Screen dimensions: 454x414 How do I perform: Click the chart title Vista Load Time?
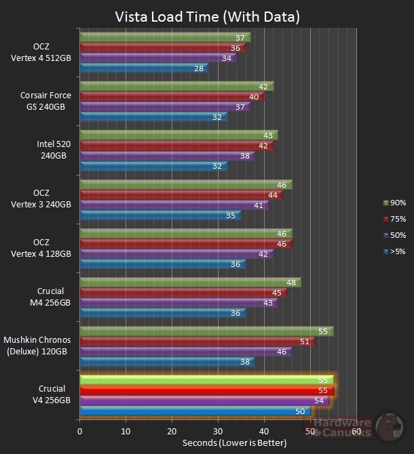[207, 16]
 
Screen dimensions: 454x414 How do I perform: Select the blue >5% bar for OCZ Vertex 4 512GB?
[144, 68]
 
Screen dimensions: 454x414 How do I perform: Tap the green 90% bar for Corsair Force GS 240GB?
[176, 87]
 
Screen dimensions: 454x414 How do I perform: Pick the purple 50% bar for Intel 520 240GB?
[167, 156]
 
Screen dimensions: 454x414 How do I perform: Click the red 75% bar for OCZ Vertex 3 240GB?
[181, 195]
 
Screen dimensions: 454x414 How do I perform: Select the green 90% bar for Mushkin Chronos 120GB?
[206, 331]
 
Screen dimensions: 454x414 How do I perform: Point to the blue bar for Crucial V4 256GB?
[195, 411]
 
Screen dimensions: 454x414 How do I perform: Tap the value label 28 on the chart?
[200, 68]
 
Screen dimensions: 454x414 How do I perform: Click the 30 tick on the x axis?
[218, 431]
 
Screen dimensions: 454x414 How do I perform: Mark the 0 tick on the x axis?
[80, 431]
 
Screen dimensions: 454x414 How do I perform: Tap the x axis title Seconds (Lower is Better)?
[234, 443]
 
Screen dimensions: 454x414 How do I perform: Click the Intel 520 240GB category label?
[52, 150]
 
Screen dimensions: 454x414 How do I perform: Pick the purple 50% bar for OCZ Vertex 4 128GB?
[176, 254]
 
